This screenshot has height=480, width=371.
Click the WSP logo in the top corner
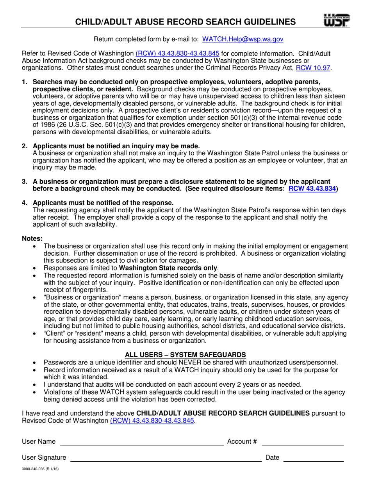337,20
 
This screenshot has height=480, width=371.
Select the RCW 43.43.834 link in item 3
312,188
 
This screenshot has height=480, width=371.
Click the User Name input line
141,442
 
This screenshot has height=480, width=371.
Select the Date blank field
313,458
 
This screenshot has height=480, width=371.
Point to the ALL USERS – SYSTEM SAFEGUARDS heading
185,355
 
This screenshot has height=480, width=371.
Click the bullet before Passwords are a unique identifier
36,363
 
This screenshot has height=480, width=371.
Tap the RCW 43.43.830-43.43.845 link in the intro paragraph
177,53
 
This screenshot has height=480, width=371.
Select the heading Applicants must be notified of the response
103,203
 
